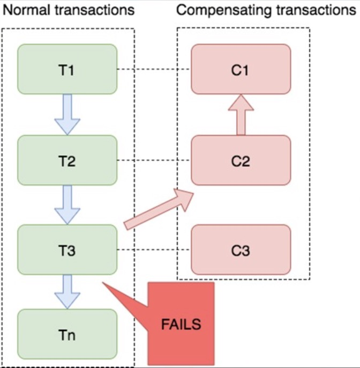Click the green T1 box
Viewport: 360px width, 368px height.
coord(67,69)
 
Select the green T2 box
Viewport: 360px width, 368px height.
coord(67,160)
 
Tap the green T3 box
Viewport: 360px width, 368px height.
coord(67,250)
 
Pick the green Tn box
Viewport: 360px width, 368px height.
coord(67,335)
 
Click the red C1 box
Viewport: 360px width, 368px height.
coord(241,69)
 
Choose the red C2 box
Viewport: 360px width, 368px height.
coord(241,160)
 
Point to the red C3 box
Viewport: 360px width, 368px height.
coord(241,250)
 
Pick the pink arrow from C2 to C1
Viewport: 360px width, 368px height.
coord(241,115)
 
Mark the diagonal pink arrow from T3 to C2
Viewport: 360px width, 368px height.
coord(158,210)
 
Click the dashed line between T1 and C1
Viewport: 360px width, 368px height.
coord(154,69)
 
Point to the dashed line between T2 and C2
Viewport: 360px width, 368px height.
coord(154,160)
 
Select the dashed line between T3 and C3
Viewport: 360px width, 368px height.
coord(154,250)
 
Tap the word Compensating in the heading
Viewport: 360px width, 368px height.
coord(221,10)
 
